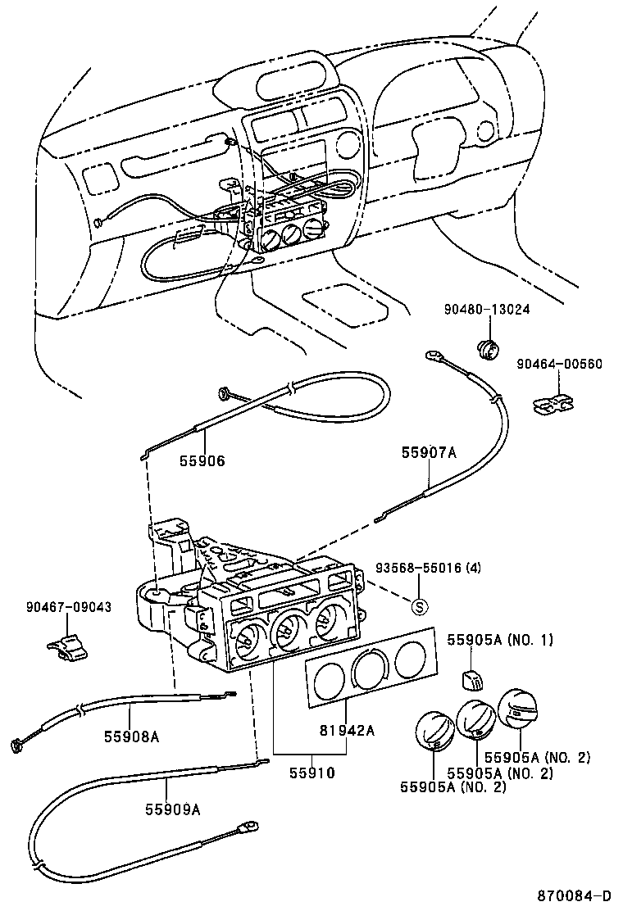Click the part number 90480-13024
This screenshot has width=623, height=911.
[x=486, y=310]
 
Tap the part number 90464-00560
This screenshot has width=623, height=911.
[x=559, y=364]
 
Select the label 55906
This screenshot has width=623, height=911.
[x=202, y=461]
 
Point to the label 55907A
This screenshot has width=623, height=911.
[x=428, y=451]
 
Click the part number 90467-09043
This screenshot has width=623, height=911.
[x=68, y=607]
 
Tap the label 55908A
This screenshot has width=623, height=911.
[x=131, y=736]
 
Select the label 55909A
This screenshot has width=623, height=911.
[x=173, y=809]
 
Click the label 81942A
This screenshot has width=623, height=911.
[x=347, y=731]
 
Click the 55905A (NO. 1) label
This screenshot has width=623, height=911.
[x=499, y=639]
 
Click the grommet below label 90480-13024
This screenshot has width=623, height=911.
[x=487, y=348]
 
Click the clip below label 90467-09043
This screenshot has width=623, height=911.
[x=66, y=648]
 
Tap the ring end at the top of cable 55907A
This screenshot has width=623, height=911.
[x=432, y=356]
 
